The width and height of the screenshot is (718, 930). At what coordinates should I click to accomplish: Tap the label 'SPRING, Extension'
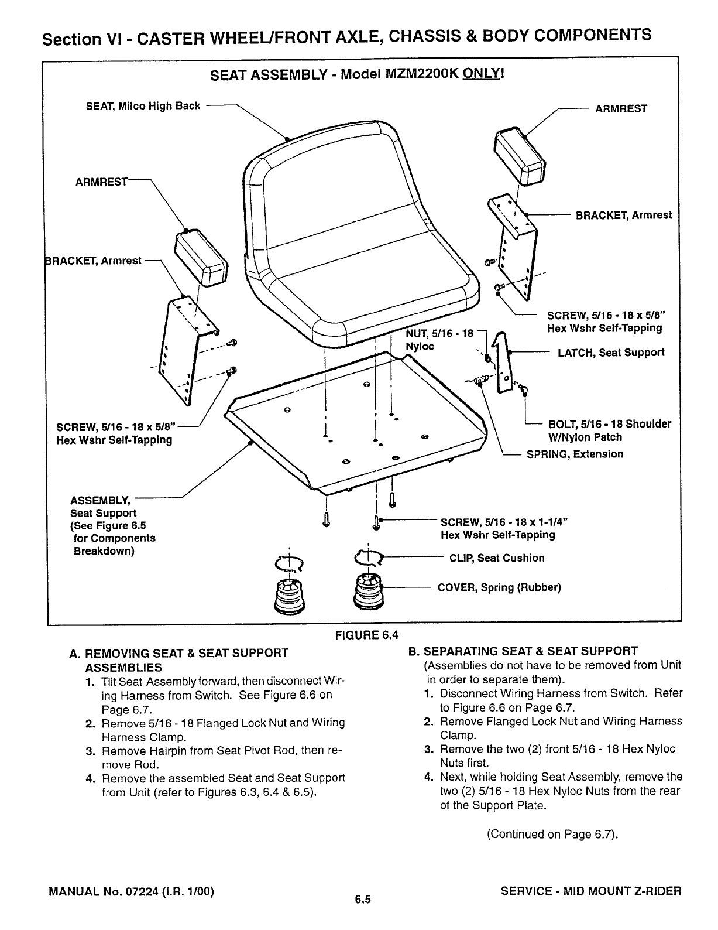(x=575, y=454)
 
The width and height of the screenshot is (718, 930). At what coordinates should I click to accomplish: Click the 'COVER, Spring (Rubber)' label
(x=499, y=587)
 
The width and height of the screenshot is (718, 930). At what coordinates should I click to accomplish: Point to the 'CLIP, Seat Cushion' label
(x=496, y=558)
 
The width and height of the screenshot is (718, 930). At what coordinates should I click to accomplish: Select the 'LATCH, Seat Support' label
(x=611, y=353)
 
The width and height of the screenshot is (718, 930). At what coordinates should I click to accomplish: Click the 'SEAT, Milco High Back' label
(x=143, y=106)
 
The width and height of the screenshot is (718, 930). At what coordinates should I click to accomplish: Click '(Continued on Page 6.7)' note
(x=552, y=834)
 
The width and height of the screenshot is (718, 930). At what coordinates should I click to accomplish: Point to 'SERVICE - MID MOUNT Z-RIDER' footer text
(x=591, y=892)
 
